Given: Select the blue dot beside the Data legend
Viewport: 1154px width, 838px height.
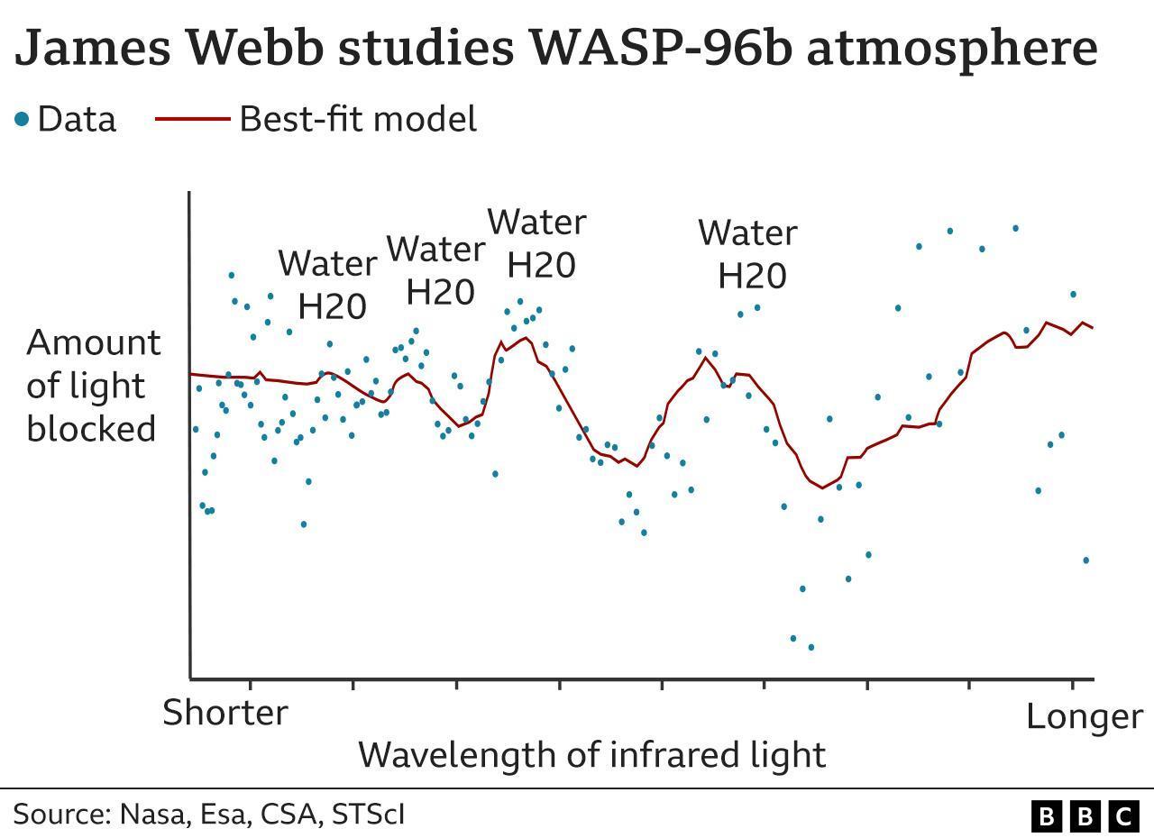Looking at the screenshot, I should coord(22,119).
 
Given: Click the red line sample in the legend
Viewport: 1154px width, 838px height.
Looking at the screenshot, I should coord(192,119).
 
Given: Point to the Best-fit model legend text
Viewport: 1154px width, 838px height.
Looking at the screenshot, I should coord(357,119).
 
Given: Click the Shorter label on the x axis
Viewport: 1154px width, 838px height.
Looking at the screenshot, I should coord(225,713).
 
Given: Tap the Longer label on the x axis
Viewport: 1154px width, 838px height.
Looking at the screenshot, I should coord(1084,717).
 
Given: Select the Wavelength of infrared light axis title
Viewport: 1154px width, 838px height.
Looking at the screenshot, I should coord(591,755).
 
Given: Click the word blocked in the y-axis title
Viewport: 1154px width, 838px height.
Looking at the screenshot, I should coord(92,429).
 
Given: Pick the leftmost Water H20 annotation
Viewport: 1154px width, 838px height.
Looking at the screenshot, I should coord(328,285).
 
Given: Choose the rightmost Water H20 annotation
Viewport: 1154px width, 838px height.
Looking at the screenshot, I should coord(748,253).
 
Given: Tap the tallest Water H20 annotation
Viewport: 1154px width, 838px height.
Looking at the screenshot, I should coord(538,243).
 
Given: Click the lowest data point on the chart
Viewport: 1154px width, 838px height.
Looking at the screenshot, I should coord(811,647).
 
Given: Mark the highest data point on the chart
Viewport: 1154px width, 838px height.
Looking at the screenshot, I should coord(1015,229).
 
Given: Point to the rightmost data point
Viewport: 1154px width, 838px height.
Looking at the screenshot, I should coord(1086,560).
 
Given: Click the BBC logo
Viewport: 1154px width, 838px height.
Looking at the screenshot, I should coord(1085,816).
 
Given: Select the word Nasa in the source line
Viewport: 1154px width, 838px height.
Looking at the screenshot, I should coord(151,815).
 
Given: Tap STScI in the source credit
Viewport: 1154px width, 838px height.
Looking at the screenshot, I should coord(368,815).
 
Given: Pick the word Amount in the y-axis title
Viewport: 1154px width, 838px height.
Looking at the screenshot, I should coord(94,343).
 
